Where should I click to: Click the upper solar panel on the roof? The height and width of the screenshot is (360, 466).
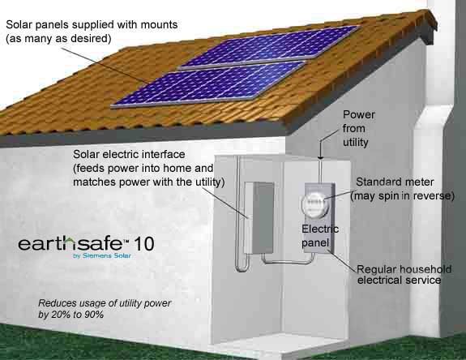pos(271,48)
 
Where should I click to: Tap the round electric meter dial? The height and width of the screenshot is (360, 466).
pos(315,204)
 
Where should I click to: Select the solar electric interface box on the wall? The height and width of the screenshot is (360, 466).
pos(259,217)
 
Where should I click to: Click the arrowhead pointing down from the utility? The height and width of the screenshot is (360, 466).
pos(320,156)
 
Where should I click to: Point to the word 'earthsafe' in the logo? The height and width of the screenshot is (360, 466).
pos(70,243)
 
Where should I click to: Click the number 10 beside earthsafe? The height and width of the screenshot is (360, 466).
pos(144,244)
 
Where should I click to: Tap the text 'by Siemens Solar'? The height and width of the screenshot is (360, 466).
pos(102,255)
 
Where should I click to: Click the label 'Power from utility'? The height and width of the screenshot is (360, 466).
pos(358,128)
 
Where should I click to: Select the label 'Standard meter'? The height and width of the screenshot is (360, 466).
pos(395,182)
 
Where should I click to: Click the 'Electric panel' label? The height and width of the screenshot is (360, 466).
pos(320,236)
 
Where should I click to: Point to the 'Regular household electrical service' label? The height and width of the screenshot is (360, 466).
pos(404,274)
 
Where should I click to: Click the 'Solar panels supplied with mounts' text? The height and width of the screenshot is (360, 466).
pos(92,24)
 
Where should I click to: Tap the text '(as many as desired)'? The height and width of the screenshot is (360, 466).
pos(58,38)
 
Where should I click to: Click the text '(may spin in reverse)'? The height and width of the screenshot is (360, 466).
pos(403,196)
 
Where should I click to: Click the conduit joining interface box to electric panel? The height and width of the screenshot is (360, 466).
pos(288,261)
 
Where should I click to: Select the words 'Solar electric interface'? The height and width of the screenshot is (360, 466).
pos(129,154)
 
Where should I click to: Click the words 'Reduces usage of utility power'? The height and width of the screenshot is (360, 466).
pos(105,303)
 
